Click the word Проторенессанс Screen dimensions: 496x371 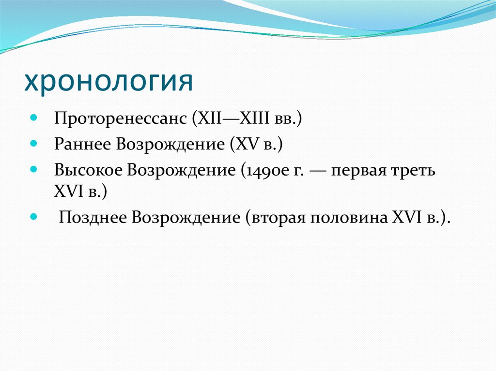click(121, 119)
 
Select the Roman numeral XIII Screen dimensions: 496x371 click(254, 118)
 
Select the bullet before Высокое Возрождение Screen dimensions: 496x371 click(33, 170)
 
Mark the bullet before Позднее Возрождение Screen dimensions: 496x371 click(33, 217)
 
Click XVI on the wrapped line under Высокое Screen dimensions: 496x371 click(69, 192)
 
